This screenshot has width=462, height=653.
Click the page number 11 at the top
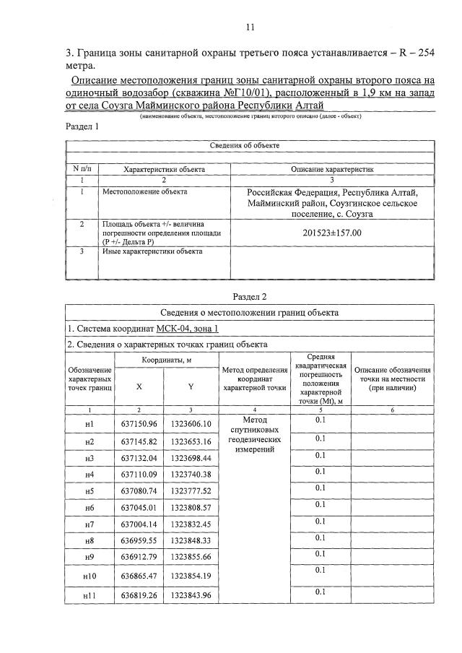(250, 27)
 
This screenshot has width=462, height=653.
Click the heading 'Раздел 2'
(250, 296)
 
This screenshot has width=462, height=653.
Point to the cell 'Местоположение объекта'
(144, 192)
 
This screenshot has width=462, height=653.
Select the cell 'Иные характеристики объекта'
(152, 251)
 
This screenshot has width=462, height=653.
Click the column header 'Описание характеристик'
(331, 169)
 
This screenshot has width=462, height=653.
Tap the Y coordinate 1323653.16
(191, 441)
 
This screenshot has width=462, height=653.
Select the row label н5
(90, 490)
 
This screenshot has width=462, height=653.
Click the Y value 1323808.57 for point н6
(191, 507)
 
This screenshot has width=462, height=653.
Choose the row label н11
(90, 595)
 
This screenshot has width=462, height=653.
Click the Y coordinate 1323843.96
(191, 595)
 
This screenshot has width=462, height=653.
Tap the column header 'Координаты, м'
(165, 360)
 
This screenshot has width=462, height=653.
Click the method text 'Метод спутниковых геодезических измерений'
(255, 434)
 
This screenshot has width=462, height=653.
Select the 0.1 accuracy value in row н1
(321, 420)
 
